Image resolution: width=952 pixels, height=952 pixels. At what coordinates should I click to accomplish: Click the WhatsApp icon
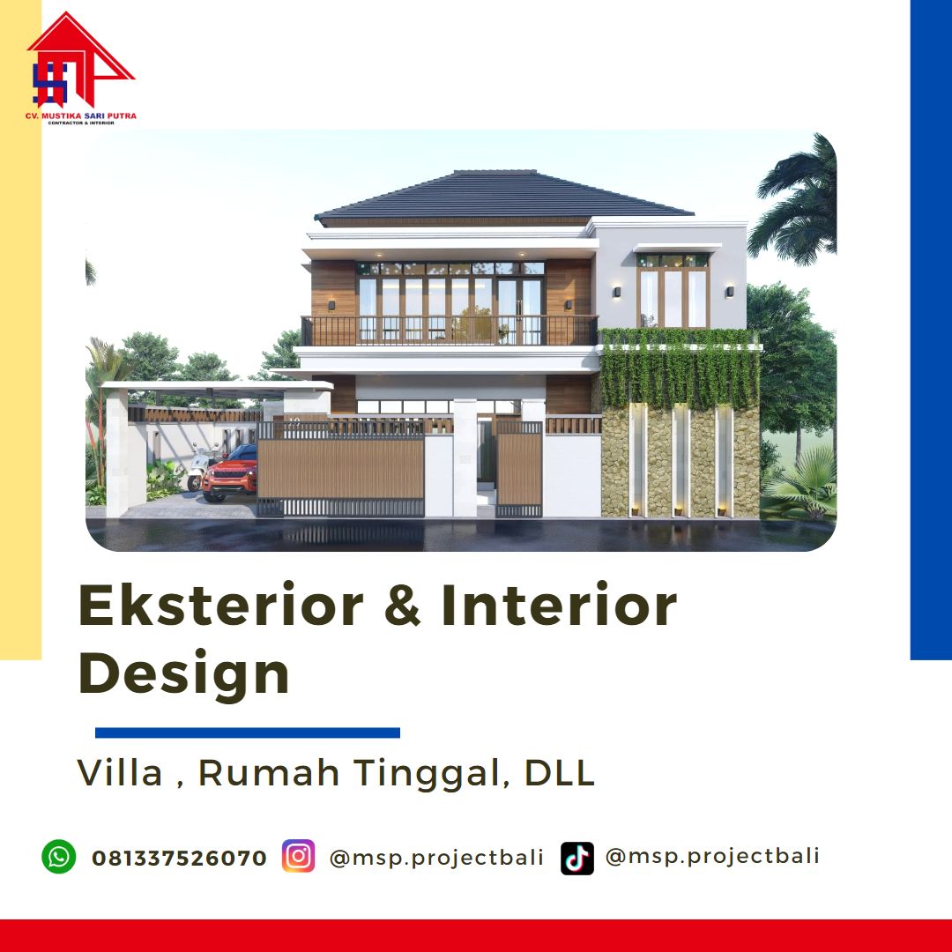(59, 857)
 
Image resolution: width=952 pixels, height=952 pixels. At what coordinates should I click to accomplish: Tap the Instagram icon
(298, 856)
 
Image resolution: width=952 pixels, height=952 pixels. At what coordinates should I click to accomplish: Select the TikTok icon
(576, 858)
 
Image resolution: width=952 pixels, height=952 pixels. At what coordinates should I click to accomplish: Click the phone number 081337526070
(179, 858)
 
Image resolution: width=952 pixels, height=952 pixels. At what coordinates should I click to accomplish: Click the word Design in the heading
(184, 673)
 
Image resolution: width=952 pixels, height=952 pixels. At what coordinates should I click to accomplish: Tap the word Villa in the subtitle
(120, 772)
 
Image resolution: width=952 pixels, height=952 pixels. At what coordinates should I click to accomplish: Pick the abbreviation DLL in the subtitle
(559, 772)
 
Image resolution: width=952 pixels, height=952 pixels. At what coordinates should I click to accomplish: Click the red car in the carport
(229, 474)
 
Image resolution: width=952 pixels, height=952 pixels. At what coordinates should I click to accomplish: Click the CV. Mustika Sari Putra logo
(81, 69)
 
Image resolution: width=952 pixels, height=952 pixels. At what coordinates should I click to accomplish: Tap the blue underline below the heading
(248, 733)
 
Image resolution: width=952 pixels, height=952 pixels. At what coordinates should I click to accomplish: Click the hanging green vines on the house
(680, 368)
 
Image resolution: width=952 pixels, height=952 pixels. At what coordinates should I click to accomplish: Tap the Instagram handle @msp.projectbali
(436, 858)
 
